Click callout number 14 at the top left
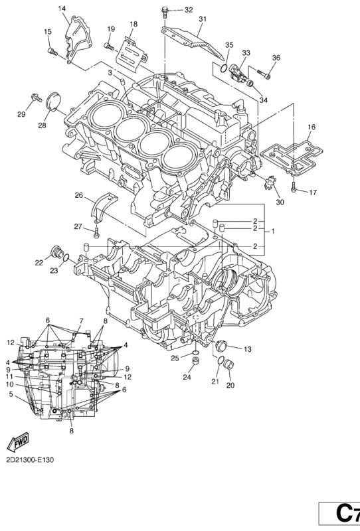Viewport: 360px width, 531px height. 62,9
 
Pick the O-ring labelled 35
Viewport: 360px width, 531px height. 219,66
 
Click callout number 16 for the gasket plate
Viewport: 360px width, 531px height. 312,127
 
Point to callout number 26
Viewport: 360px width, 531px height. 78,195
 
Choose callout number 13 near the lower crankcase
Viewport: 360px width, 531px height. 246,349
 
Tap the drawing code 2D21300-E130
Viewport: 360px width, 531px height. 30,459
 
